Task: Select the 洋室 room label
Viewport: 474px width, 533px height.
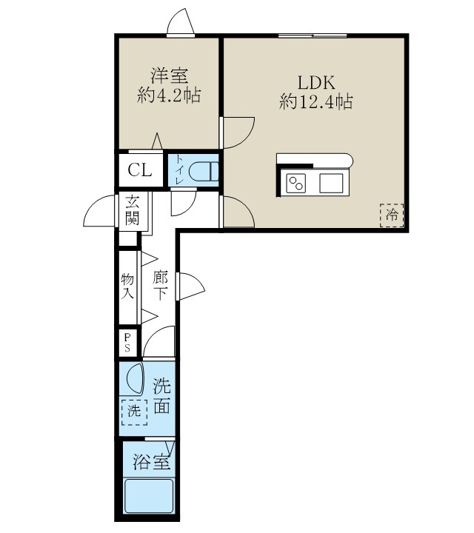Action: click(169, 76)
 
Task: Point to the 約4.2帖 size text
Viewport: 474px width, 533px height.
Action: click(169, 96)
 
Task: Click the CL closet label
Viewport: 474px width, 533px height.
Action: click(140, 170)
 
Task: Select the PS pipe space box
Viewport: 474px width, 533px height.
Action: click(128, 343)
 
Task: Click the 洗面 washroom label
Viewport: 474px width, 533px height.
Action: click(162, 396)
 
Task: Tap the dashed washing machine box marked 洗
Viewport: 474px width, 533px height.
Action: click(134, 412)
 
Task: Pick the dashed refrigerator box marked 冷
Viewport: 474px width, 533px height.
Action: click(392, 215)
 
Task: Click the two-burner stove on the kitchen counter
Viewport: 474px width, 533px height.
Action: click(297, 182)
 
